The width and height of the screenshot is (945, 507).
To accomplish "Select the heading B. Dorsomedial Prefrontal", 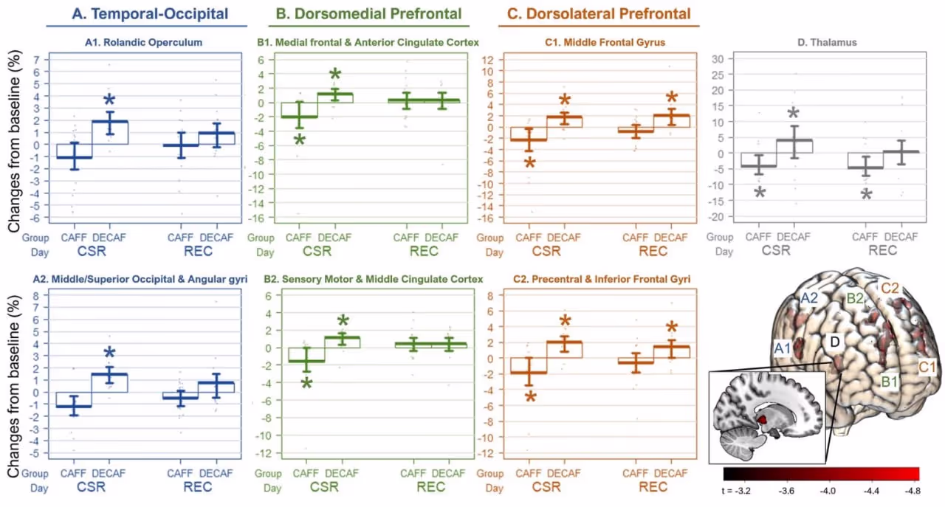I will click(369, 13).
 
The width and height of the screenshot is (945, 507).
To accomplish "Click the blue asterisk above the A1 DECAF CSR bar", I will click(110, 101).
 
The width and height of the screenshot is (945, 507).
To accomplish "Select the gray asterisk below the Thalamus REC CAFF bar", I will click(867, 196).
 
